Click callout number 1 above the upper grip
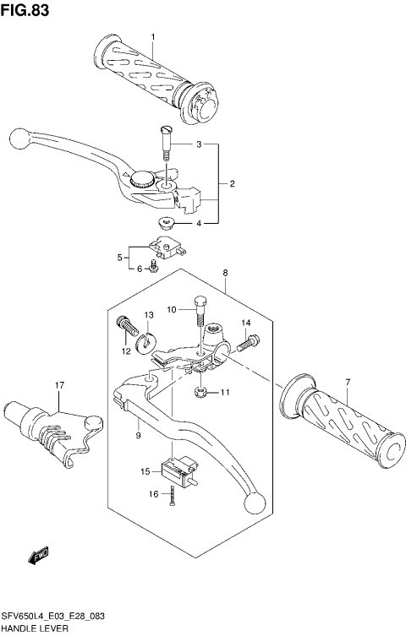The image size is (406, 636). (153, 36)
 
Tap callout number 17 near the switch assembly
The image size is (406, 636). (60, 387)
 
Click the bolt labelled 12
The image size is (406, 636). (125, 325)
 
